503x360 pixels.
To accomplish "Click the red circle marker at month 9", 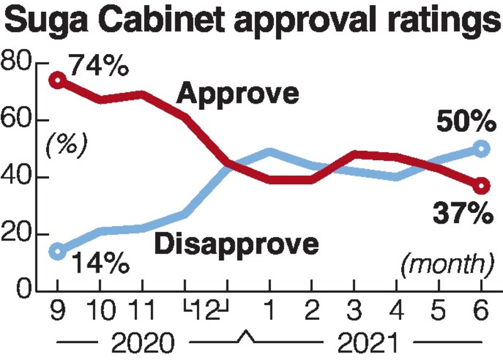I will (57, 80).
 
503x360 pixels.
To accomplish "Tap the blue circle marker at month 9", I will (57, 251).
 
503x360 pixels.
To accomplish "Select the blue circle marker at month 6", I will (482, 148).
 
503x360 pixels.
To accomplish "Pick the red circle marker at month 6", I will (482, 186).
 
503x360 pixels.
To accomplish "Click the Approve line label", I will (237, 94).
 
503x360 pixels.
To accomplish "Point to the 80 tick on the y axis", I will (17, 63).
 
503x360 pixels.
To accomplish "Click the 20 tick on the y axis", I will (17, 234).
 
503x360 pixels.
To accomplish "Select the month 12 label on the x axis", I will (206, 312).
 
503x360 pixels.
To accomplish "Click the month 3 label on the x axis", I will (355, 312).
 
